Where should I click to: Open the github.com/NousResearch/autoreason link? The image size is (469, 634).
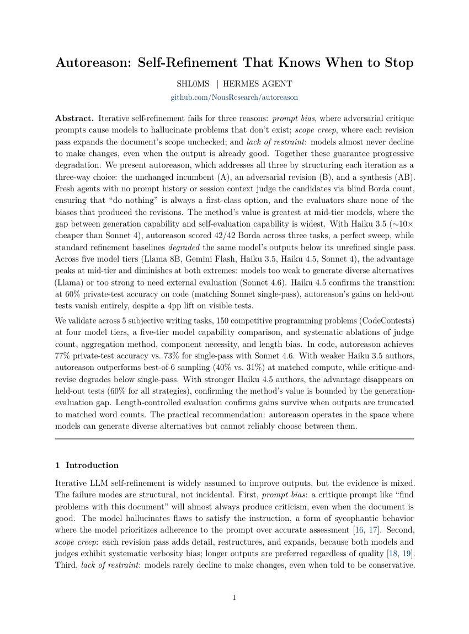[x=234, y=97]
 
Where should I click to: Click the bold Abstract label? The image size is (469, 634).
[x=74, y=119]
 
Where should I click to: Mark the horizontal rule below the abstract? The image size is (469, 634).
[x=234, y=438]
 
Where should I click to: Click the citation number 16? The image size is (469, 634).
[x=359, y=530]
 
